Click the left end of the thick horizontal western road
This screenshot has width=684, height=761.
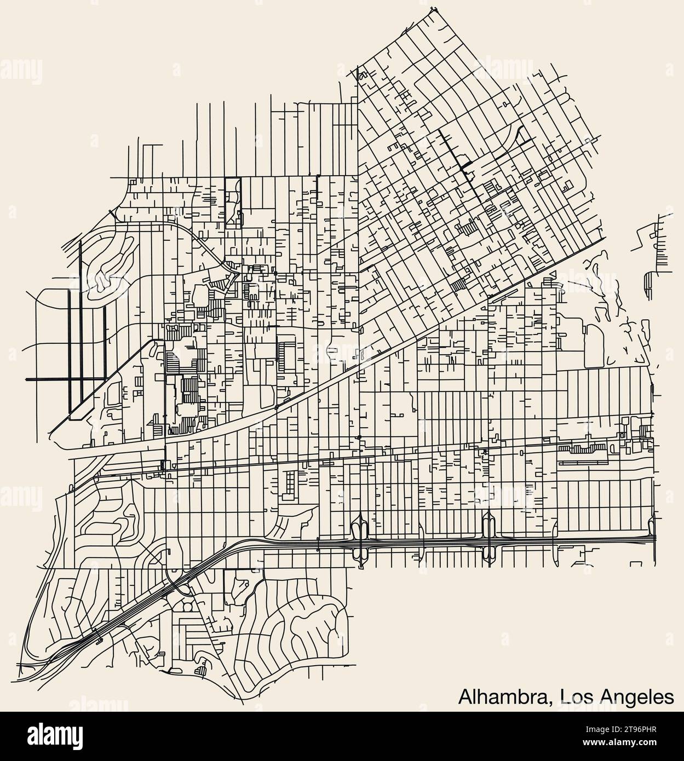[26, 379]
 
